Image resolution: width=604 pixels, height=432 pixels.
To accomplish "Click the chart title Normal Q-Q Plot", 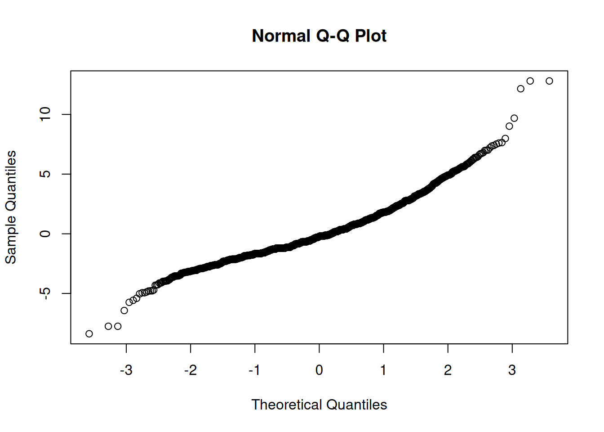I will (319, 36).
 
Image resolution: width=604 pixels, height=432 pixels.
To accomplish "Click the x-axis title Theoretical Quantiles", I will (319, 405).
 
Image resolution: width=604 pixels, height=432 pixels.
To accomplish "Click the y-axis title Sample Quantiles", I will (11, 207).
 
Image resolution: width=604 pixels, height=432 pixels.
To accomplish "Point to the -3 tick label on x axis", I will (126, 370).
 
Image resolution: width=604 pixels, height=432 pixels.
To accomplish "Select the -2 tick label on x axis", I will (190, 370).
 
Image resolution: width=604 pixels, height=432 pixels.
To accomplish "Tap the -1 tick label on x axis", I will (254, 370).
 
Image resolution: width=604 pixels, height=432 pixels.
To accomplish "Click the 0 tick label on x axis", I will (319, 370).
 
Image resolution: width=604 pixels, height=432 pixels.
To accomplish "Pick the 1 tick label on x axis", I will (383, 370).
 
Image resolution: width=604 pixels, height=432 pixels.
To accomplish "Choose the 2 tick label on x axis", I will (448, 370).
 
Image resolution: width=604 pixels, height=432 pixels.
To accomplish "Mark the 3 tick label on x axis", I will (512, 370).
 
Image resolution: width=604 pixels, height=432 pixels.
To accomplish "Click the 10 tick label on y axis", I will (45, 114).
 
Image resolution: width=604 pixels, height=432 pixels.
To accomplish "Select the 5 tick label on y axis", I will (45, 174).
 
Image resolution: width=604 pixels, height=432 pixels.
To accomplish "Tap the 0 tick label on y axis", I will (45, 234).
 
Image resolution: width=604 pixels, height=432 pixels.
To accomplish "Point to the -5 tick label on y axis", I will (45, 293).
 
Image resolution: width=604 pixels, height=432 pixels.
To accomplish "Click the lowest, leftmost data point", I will (89, 334).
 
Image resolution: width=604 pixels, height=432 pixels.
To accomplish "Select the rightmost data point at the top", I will (549, 81).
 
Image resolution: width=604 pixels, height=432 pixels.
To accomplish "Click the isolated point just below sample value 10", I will (514, 118).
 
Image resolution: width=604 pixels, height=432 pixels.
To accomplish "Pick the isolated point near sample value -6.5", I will (124, 310).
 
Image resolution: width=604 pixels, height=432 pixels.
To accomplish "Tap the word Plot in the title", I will (371, 36).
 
